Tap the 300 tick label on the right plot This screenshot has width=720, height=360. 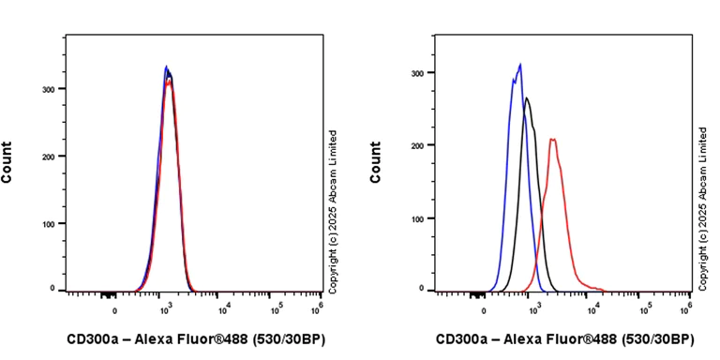419,72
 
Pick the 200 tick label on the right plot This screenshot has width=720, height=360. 419,145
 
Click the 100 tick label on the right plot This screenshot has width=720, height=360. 419,218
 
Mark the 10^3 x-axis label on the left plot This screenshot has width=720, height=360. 166,306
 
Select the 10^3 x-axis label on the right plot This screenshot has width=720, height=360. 533,306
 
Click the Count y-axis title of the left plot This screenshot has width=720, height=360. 8,161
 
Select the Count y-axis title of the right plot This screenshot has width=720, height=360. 377,161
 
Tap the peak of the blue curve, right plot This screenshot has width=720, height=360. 520,65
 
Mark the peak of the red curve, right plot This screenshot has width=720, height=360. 552,140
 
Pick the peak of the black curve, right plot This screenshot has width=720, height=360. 527,97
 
